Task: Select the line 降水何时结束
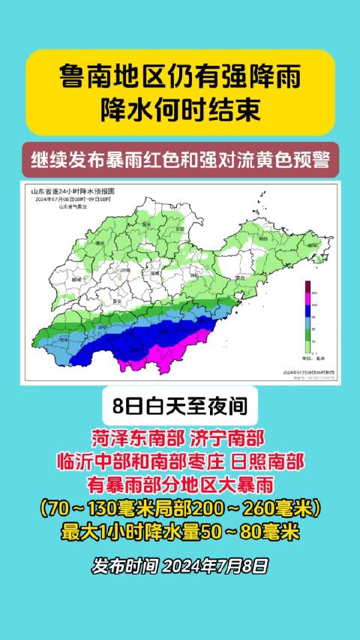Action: coord(180,110)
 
